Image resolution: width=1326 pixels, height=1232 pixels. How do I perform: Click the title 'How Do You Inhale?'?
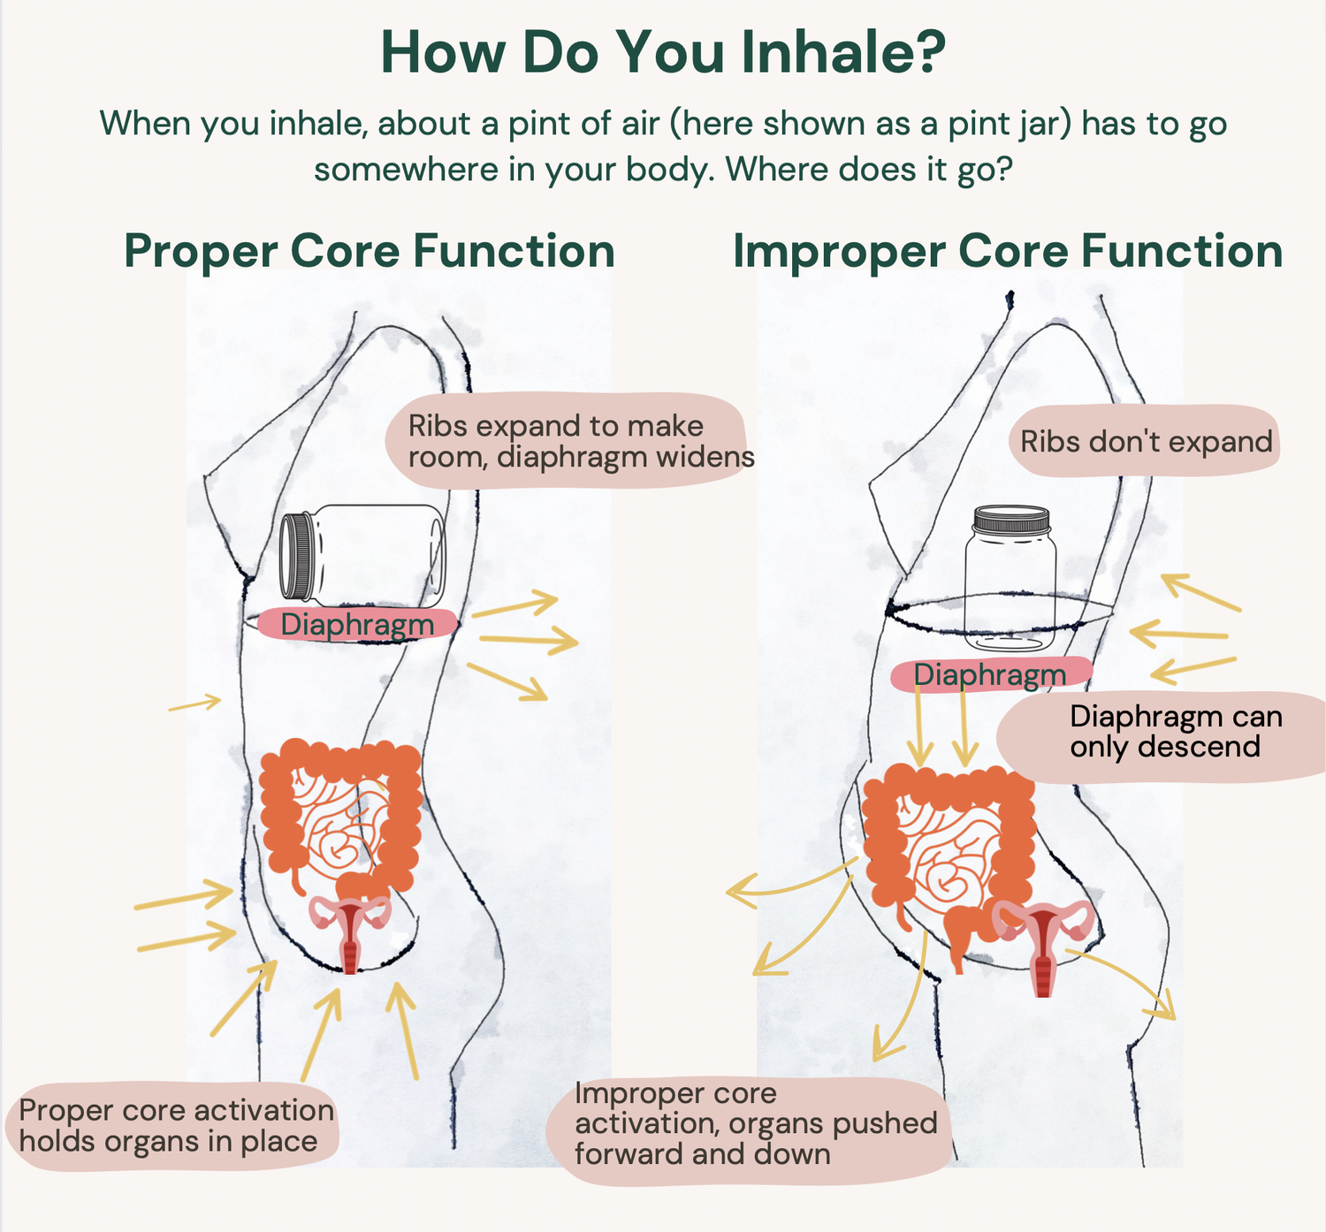click(x=663, y=53)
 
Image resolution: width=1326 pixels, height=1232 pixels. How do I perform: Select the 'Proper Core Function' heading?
click(x=370, y=251)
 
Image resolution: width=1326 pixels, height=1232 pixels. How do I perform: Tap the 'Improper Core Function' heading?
click(x=1008, y=251)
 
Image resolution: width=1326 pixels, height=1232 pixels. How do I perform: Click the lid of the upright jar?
click(x=1010, y=521)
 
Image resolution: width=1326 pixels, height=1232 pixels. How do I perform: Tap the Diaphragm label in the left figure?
click(x=357, y=625)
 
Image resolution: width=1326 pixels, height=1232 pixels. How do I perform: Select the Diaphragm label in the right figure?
click(x=989, y=675)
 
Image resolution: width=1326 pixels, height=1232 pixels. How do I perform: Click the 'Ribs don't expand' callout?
click(x=1146, y=441)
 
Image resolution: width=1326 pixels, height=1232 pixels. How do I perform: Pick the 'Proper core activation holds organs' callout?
click(x=175, y=1126)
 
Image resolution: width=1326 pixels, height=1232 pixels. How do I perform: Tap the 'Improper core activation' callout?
click(x=751, y=1124)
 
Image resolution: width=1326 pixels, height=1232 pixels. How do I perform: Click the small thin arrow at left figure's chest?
click(x=194, y=703)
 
